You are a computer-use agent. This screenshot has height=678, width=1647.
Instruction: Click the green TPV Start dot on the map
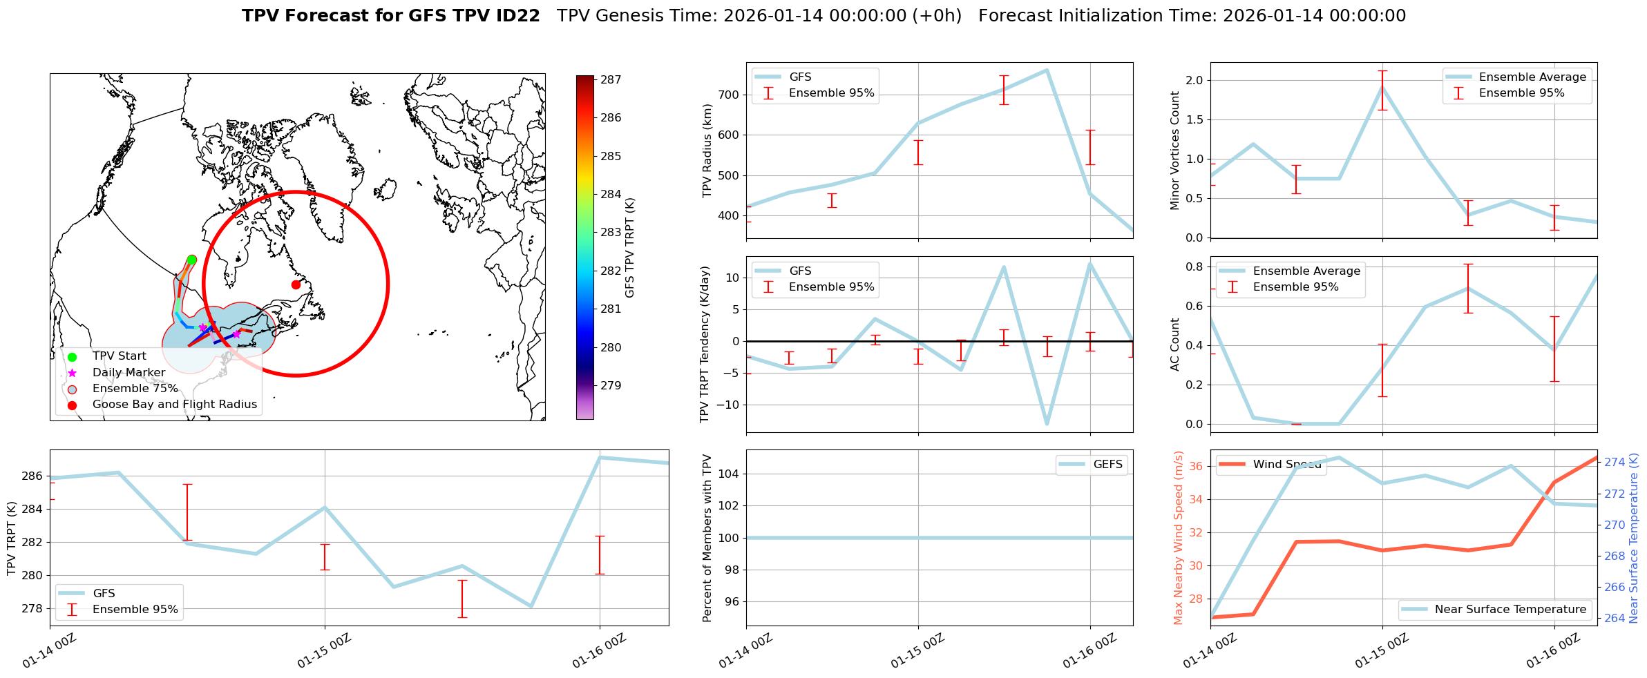coord(191,260)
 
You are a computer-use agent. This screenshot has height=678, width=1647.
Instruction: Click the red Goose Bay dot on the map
coord(296,284)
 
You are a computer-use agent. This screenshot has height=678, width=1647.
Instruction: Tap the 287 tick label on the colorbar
coord(611,80)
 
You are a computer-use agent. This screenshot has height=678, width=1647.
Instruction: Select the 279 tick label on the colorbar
coord(611,386)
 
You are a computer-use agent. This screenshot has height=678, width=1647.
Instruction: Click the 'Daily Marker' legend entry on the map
coord(128,373)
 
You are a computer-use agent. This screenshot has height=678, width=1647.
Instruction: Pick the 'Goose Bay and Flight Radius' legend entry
coord(174,405)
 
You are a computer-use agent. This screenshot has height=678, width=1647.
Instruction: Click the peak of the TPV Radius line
coord(1047,70)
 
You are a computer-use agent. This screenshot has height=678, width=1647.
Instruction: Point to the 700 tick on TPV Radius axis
coord(729,95)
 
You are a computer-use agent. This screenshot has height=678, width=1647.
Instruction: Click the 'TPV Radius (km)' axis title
coord(707,151)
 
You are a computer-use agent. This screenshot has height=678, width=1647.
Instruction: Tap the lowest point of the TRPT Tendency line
coord(1047,423)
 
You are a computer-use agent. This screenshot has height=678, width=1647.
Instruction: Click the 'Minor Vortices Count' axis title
coord(1175,151)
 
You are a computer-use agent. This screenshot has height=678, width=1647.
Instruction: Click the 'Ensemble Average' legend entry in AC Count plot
coord(1306,271)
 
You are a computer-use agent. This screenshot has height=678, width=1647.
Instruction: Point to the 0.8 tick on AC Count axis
coord(1194,267)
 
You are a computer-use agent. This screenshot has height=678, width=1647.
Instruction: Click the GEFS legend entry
coord(1107,465)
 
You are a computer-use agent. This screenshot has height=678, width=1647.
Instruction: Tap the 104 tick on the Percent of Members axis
coord(730,474)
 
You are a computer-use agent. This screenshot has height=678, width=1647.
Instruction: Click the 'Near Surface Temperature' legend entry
coord(1510,610)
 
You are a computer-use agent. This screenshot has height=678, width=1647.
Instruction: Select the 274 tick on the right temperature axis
coord(1615,463)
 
